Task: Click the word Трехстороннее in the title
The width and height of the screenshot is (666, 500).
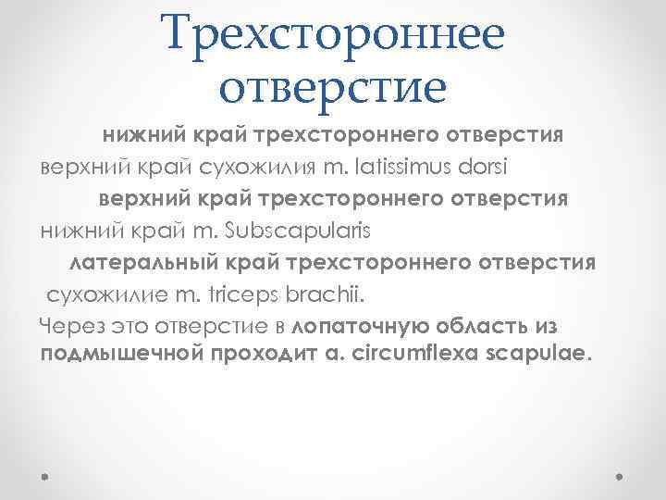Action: [x=333, y=34]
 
